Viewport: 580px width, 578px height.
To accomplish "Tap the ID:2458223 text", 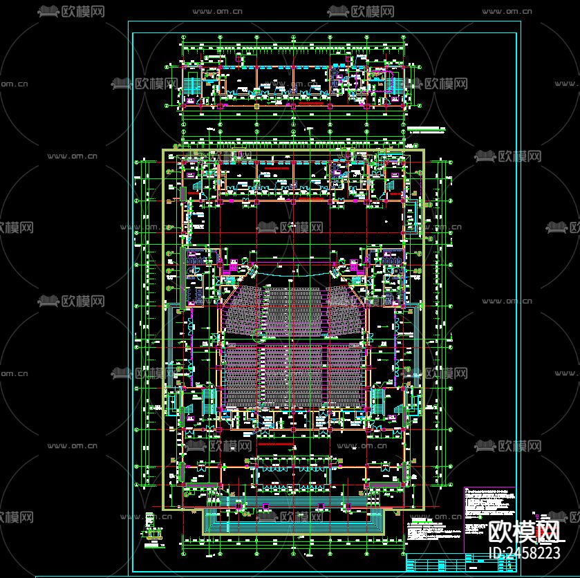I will coord(523,552).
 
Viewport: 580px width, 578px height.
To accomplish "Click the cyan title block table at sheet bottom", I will coord(460,561).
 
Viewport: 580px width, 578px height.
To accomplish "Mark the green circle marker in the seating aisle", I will coord(260,337).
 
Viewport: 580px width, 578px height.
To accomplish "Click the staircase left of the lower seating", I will coord(207,399).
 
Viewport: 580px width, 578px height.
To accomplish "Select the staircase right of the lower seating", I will coord(377,399).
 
